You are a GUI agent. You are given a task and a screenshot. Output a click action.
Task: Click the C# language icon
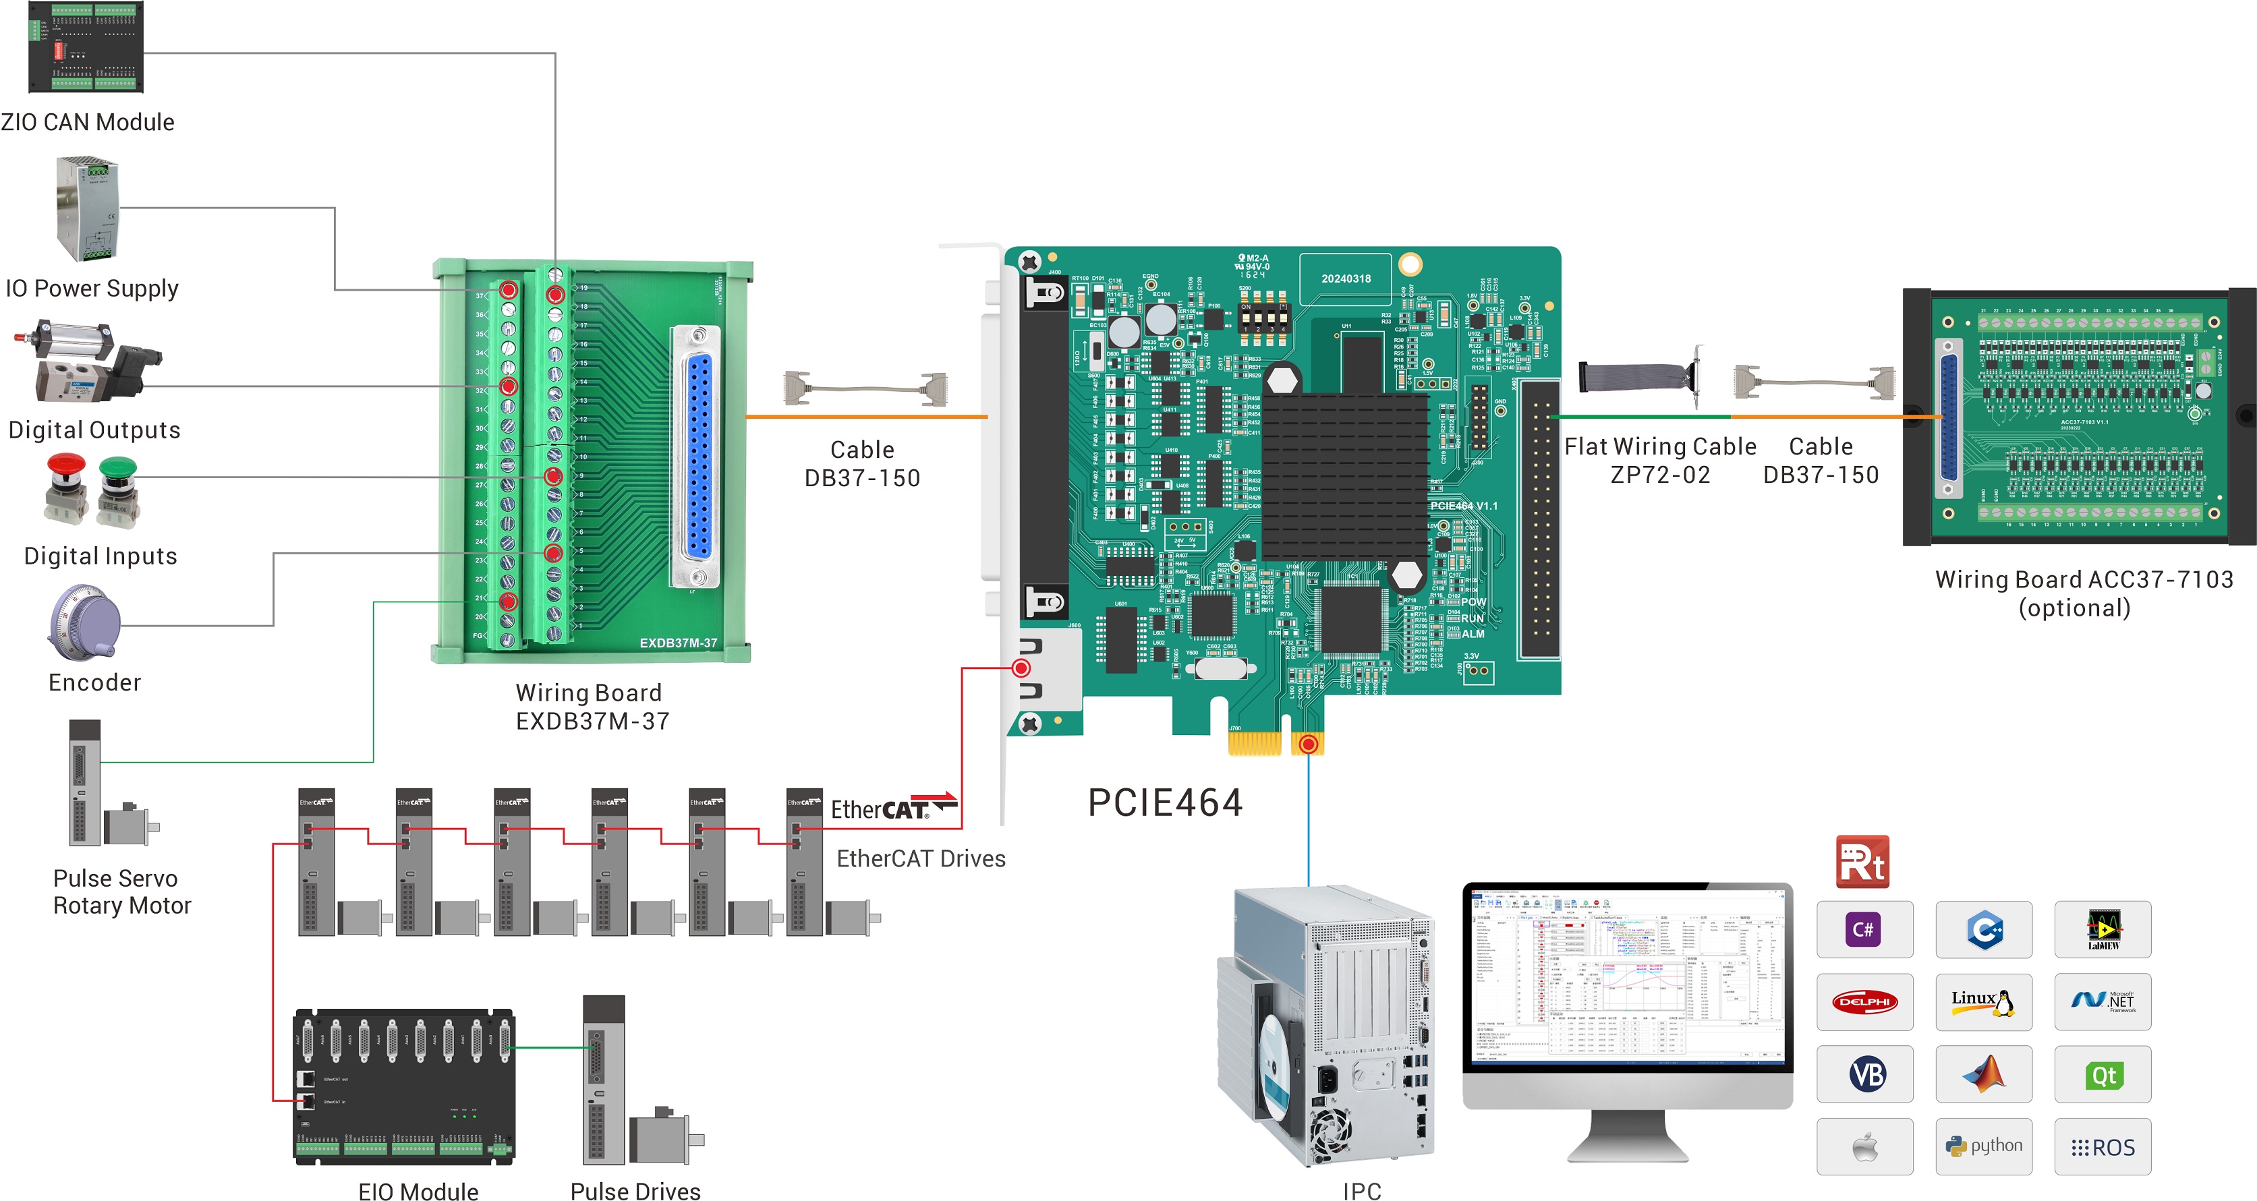1864,929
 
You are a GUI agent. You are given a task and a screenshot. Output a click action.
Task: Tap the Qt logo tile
2102,1075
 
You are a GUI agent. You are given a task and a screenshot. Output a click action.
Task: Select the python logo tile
1984,1146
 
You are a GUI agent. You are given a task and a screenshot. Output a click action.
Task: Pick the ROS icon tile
2102,1146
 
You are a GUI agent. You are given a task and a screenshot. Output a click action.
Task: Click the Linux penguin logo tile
1984,1001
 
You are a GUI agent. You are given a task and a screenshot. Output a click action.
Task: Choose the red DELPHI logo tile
1864,1001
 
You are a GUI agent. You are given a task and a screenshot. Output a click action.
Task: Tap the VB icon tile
1864,1074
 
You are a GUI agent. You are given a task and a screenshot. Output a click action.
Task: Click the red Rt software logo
1862,862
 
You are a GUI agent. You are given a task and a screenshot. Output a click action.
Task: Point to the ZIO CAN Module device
85,47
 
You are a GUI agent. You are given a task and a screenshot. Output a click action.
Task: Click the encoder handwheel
85,622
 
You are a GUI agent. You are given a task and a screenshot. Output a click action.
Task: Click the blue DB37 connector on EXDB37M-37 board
697,457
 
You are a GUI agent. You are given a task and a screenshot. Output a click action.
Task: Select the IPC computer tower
1327,1025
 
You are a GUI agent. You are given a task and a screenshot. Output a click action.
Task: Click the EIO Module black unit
404,1086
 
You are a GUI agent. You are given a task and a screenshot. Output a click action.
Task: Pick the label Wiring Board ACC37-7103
2083,579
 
